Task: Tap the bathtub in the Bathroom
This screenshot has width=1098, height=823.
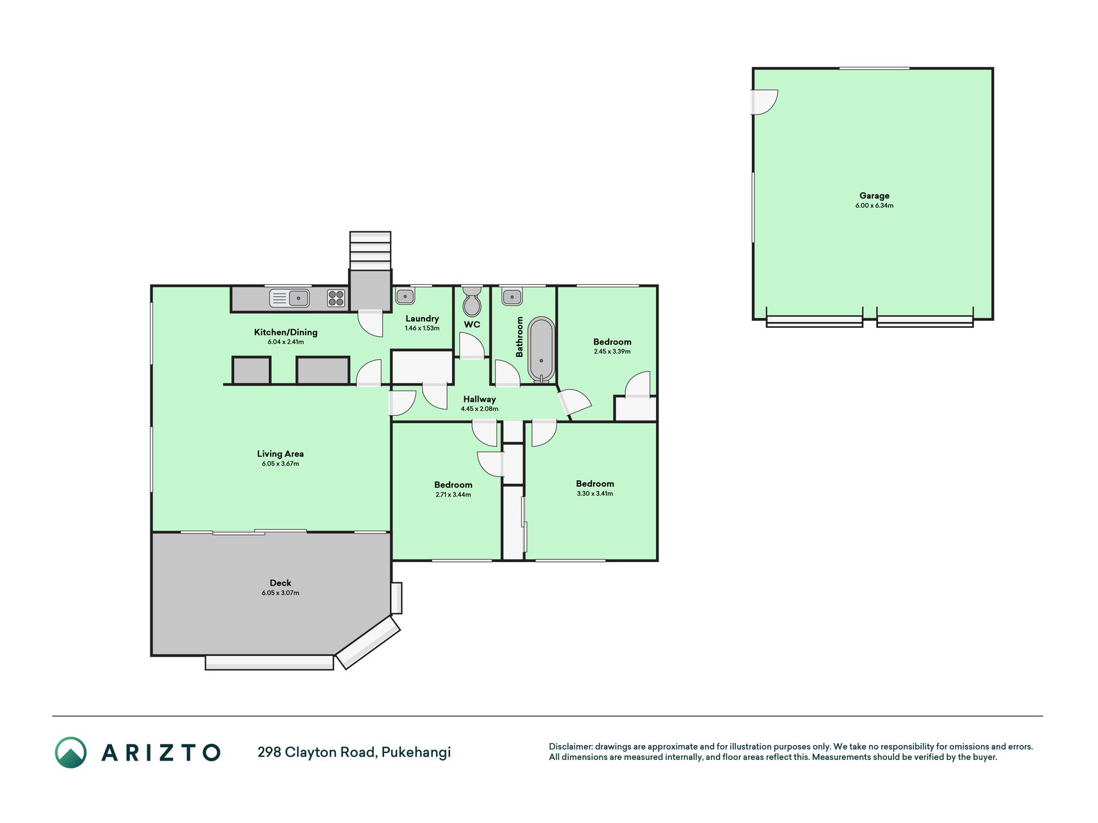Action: pyautogui.click(x=541, y=350)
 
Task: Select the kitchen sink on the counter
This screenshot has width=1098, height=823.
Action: pyautogui.click(x=289, y=298)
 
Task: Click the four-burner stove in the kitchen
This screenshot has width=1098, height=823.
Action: pyautogui.click(x=336, y=298)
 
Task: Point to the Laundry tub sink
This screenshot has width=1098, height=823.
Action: pyautogui.click(x=405, y=296)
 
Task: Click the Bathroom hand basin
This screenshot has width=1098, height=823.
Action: pyautogui.click(x=512, y=296)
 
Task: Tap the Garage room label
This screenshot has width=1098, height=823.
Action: pyautogui.click(x=874, y=195)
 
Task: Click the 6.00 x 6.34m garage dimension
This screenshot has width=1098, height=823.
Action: pyautogui.click(x=874, y=206)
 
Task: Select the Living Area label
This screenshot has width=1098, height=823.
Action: pyautogui.click(x=280, y=454)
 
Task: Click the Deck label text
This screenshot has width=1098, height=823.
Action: pyautogui.click(x=280, y=583)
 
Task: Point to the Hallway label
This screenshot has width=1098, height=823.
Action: pyautogui.click(x=479, y=399)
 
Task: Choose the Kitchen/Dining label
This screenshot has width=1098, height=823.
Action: pyautogui.click(x=286, y=332)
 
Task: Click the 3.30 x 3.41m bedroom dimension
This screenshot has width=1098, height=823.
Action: pyautogui.click(x=595, y=494)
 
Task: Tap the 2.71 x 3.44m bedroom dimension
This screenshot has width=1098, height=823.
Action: pyautogui.click(x=453, y=495)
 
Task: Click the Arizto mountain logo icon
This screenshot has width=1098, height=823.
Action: pyautogui.click(x=71, y=752)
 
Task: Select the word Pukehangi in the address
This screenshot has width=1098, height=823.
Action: pyautogui.click(x=416, y=752)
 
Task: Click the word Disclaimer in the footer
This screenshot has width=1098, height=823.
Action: pyautogui.click(x=570, y=746)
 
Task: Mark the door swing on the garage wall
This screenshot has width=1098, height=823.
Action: pyautogui.click(x=765, y=102)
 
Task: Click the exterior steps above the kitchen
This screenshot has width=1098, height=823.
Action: pyautogui.click(x=370, y=251)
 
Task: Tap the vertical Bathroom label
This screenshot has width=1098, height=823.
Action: pyautogui.click(x=520, y=337)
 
